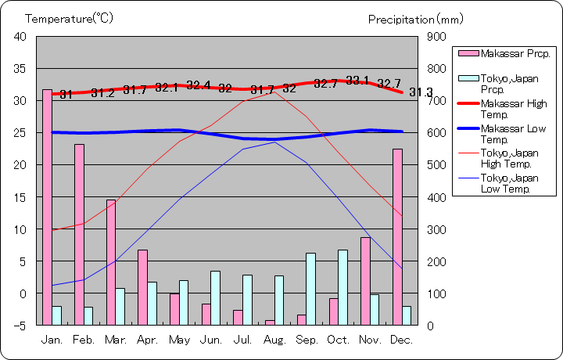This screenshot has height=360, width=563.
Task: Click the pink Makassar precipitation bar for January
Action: coord(47,207)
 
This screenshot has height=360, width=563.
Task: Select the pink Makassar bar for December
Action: coord(397,236)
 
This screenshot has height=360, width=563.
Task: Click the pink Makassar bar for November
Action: coord(365,281)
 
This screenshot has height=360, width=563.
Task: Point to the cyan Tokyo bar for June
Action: coord(215,297)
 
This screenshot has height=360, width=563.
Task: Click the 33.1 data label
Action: coord(357,80)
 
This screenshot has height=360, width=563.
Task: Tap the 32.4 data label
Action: coord(199,85)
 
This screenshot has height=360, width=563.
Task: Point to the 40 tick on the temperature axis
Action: coord(20,37)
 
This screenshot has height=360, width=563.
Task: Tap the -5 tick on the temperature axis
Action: coord(20,326)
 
